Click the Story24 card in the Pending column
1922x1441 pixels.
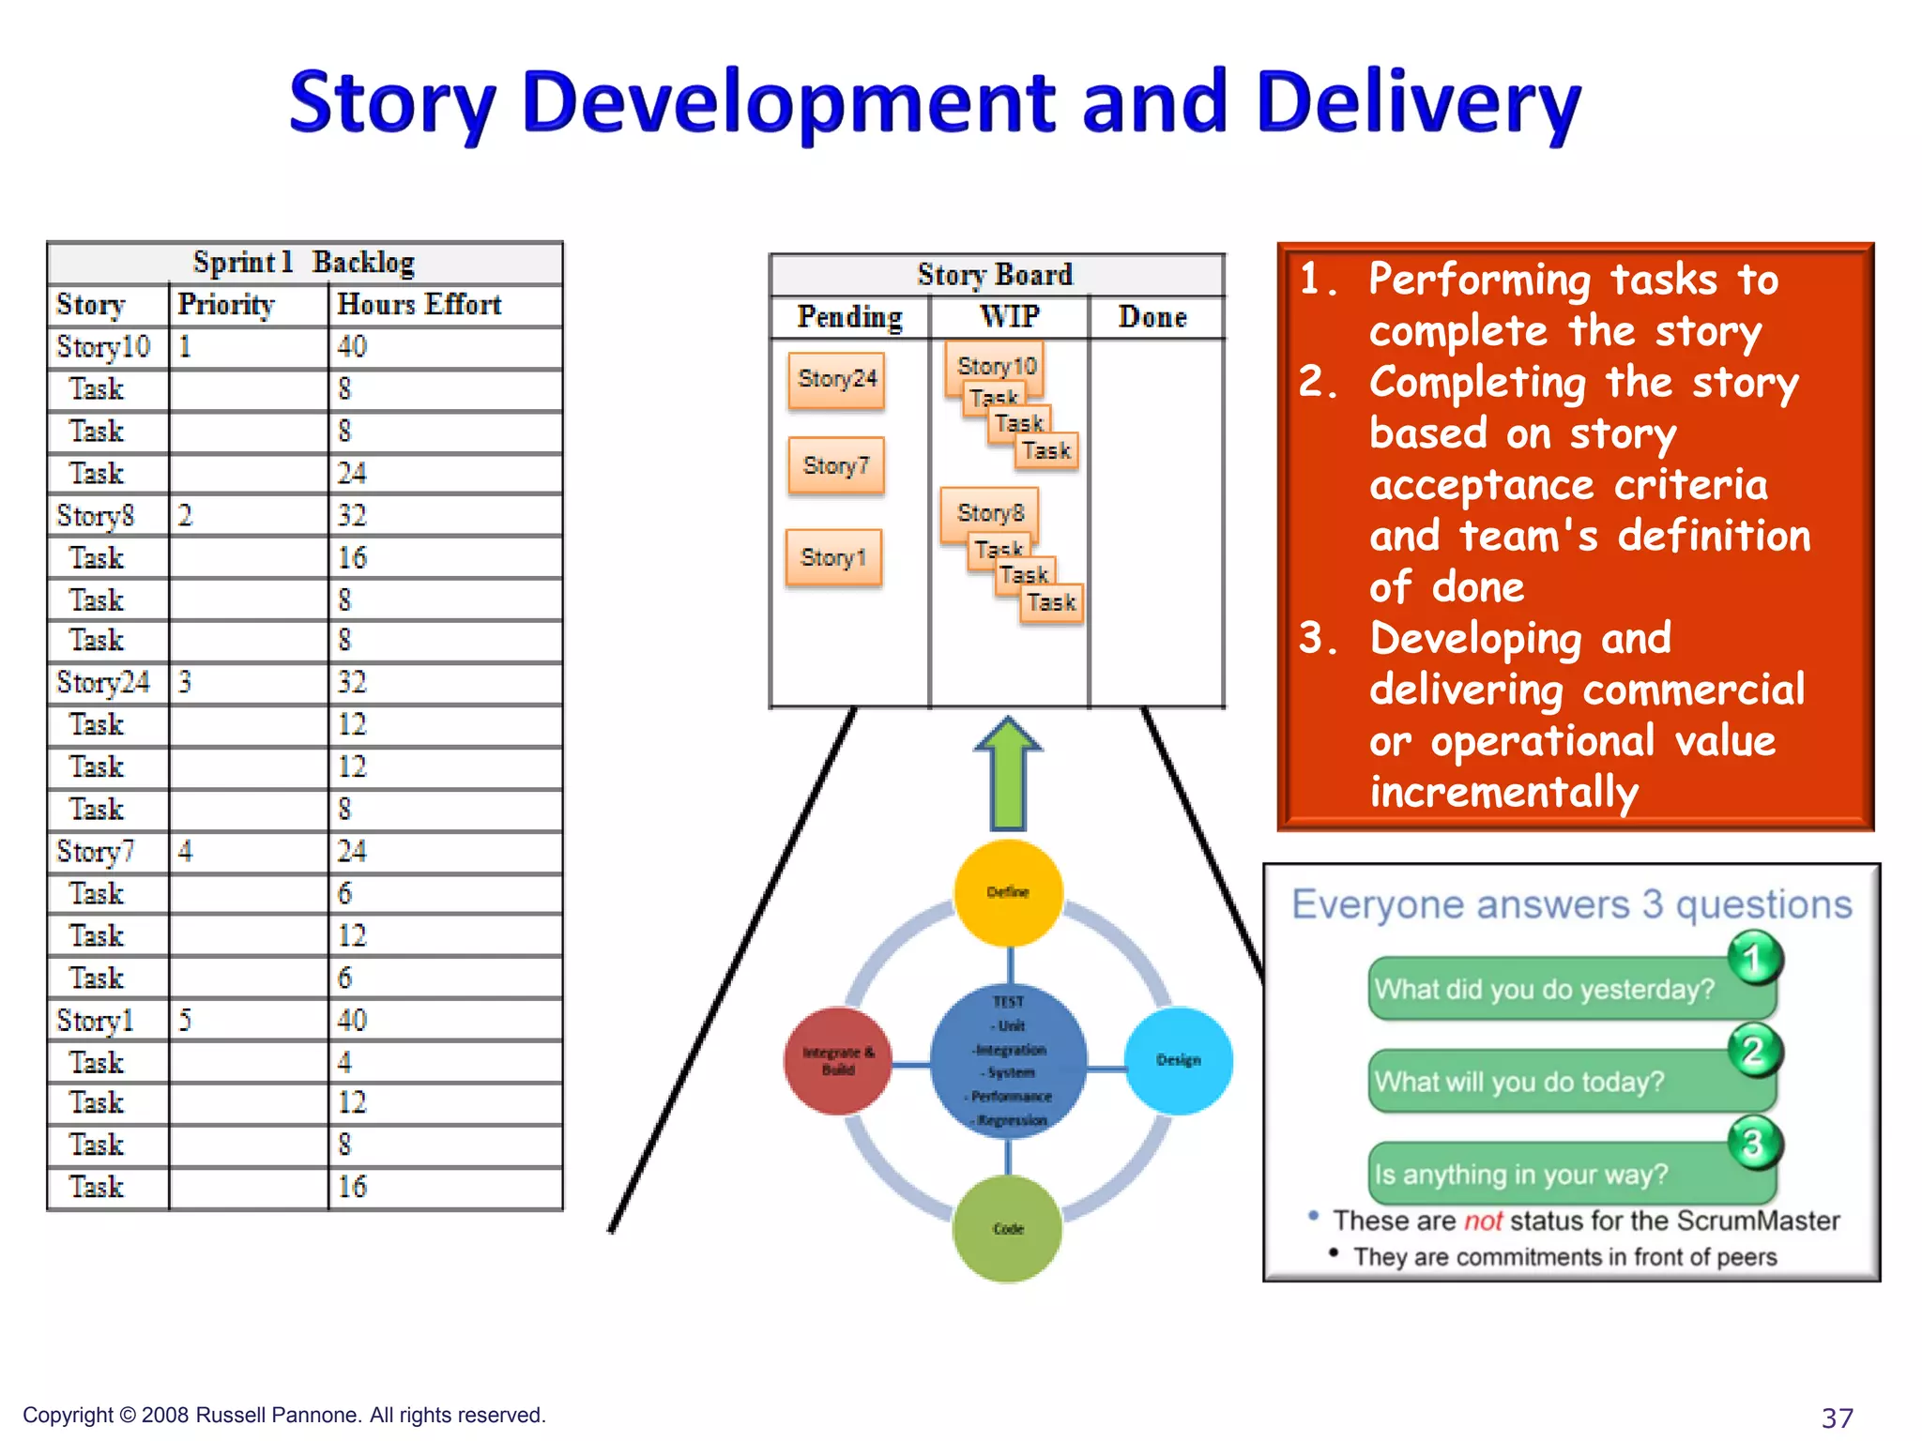click(x=836, y=379)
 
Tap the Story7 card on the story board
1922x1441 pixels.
click(x=835, y=465)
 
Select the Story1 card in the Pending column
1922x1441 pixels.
click(x=832, y=557)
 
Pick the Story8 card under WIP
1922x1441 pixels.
click(x=989, y=511)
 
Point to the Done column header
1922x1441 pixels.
click(x=1152, y=317)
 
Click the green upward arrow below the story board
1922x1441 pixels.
click(x=1008, y=773)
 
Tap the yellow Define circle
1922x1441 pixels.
click(x=1008, y=891)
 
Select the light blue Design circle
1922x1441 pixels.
click(x=1178, y=1059)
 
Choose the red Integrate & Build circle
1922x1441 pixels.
click(x=838, y=1060)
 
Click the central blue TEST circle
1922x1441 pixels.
click(x=1009, y=1060)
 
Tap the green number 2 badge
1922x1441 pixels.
click(x=1753, y=1052)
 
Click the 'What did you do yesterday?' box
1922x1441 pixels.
click(x=1544, y=990)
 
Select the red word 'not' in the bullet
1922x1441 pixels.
click(x=1483, y=1221)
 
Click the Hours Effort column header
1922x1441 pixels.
click(x=419, y=304)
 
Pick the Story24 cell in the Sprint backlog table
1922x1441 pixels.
click(x=103, y=682)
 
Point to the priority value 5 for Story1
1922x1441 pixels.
click(x=185, y=1020)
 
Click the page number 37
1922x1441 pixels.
click(x=1837, y=1417)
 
